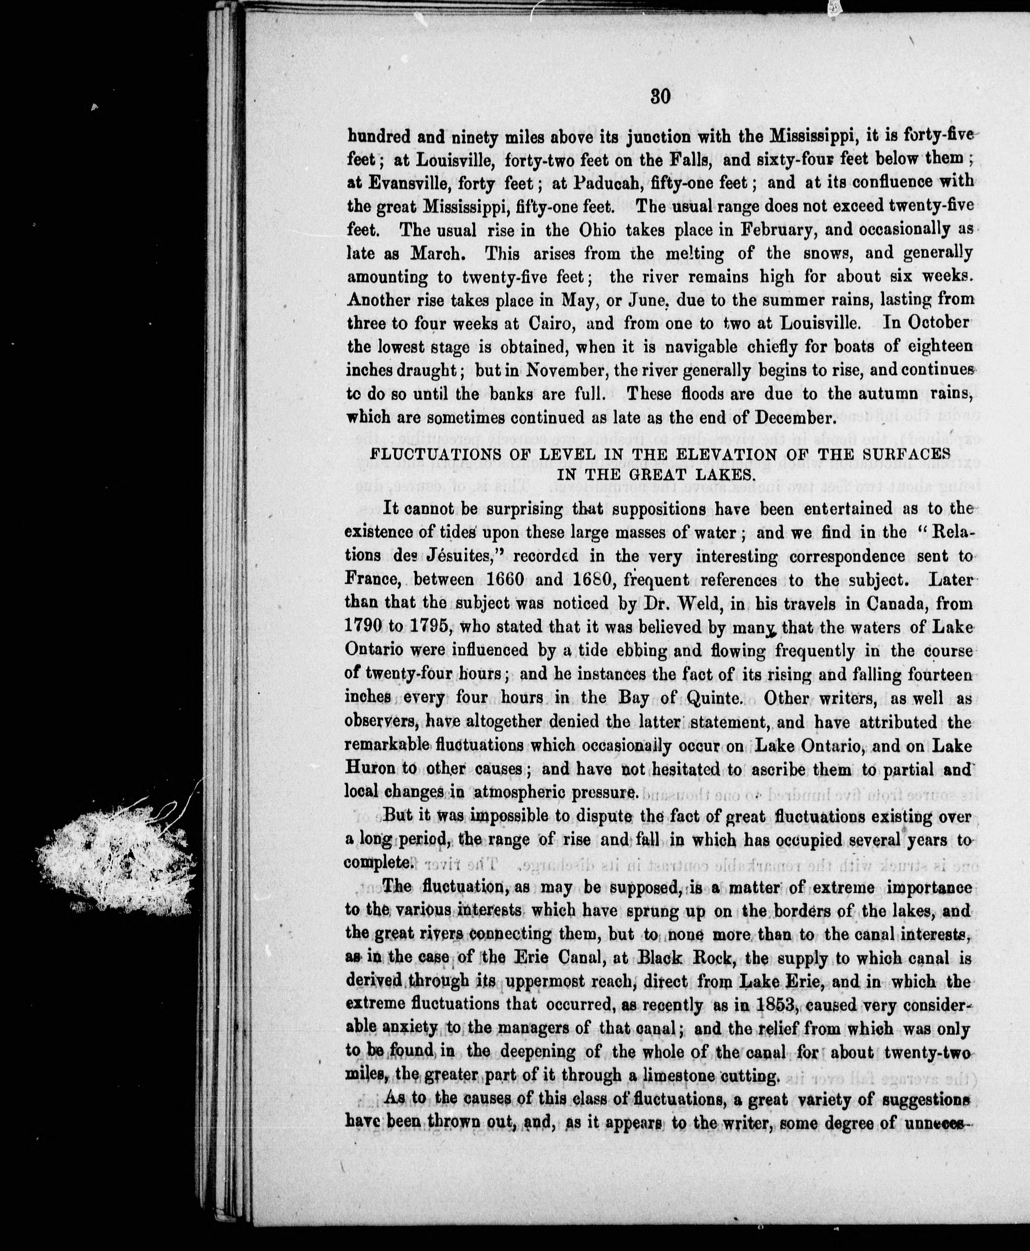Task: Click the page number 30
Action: (x=660, y=97)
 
